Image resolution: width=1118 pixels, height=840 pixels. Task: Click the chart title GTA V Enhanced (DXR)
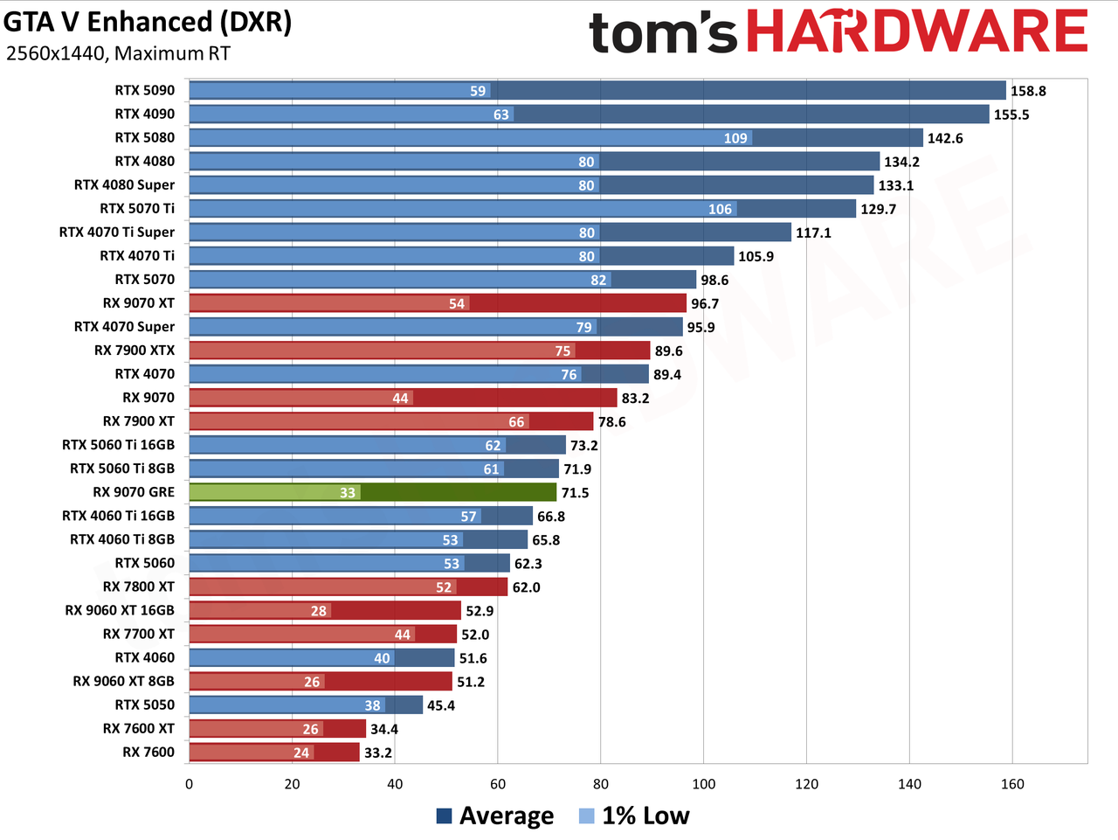point(148,23)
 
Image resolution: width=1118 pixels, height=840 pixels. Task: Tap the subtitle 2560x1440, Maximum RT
point(118,53)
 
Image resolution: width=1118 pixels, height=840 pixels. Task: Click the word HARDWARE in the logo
point(917,31)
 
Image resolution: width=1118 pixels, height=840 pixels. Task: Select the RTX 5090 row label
point(145,90)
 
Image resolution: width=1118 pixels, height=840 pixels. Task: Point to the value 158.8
point(1028,91)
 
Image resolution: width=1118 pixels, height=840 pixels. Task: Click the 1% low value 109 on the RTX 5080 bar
point(735,138)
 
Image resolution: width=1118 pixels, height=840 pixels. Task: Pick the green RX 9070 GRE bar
point(372,492)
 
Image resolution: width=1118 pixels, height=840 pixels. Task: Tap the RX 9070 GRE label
point(134,492)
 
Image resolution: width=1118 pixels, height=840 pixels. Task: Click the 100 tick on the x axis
point(703,784)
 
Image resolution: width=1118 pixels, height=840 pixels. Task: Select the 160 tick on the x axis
point(1012,784)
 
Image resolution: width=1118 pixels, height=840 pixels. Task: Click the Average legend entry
point(495,816)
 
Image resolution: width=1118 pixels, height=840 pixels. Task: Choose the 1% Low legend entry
point(634,816)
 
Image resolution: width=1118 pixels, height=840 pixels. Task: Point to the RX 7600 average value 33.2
point(378,753)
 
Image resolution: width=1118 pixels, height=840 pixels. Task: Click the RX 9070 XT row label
point(139,303)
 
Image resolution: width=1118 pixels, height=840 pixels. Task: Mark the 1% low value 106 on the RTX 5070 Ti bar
point(720,209)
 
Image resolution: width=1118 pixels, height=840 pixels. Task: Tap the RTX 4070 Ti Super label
point(117,233)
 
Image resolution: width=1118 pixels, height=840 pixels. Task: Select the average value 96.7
point(705,304)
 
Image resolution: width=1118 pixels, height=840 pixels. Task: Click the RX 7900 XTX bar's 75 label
point(562,351)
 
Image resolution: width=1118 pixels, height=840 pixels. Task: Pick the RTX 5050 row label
point(145,705)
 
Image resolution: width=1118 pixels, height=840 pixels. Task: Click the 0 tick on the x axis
point(189,784)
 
